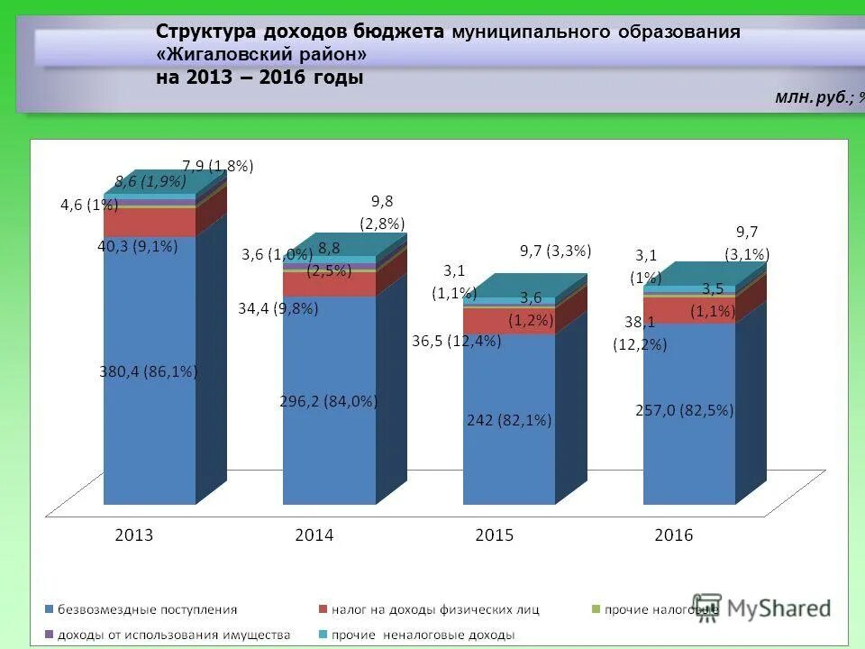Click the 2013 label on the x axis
134,535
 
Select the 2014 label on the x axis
314,535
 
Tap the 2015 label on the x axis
494,535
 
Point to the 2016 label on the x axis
674,535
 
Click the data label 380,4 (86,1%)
149,370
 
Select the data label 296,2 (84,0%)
329,402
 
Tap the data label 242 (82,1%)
509,420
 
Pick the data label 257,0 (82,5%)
685,410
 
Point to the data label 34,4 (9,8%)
278,308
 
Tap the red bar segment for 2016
689,311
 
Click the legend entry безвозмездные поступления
147,609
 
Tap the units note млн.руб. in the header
811,96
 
